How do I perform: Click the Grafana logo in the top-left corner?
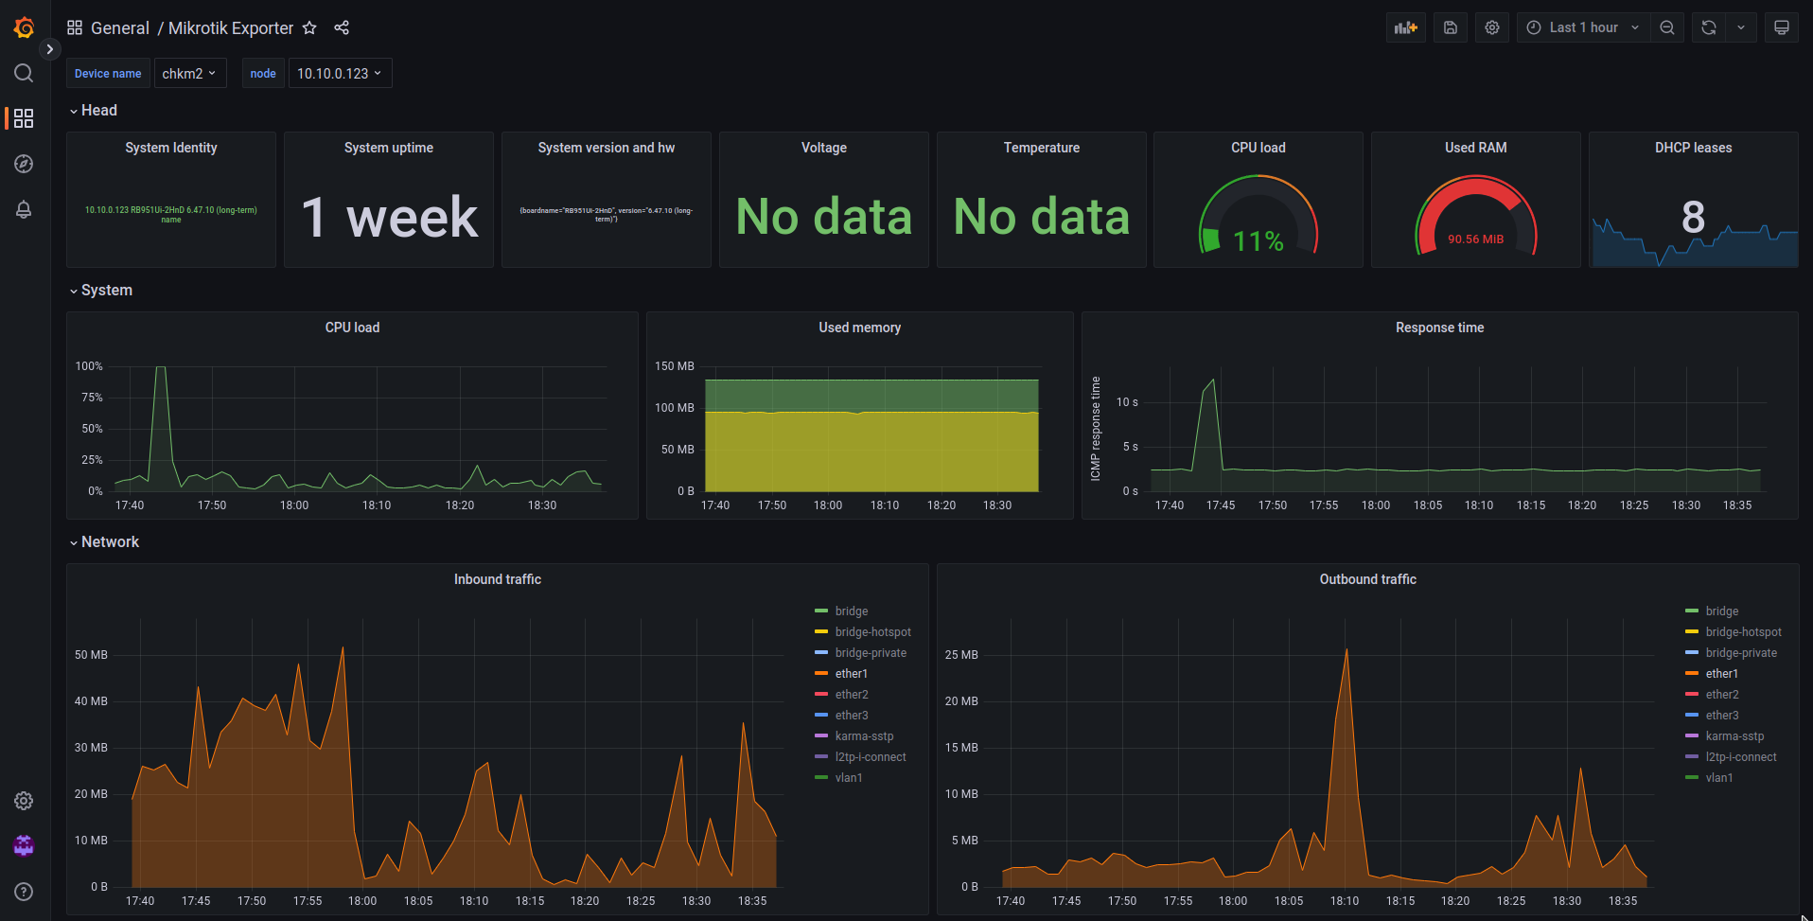coord(24,27)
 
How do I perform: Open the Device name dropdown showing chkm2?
coord(189,74)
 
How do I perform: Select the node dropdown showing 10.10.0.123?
coord(339,74)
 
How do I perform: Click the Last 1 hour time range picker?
coord(1584,27)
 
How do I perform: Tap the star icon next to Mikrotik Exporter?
coord(309,28)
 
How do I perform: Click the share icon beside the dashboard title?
coord(342,28)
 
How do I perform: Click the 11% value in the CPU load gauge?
coord(1258,241)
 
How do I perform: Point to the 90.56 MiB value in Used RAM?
coord(1475,239)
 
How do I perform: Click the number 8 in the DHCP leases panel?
coord(1693,217)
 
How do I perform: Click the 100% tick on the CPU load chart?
coord(89,366)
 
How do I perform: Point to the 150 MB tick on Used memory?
coord(675,366)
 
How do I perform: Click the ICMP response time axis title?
coord(1096,428)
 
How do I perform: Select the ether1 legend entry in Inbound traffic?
coord(851,674)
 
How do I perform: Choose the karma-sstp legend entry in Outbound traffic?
coord(1734,736)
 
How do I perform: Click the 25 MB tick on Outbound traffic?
coord(961,655)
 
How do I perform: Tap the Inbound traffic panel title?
coord(497,579)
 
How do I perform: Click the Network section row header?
coord(110,542)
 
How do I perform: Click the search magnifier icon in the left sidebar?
coord(24,73)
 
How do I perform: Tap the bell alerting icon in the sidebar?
coord(24,209)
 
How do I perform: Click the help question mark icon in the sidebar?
coord(24,892)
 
